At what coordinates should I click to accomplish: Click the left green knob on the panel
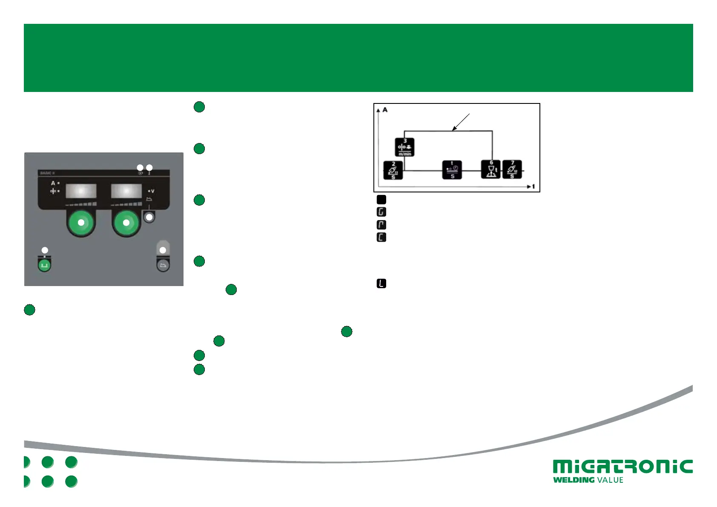(81, 222)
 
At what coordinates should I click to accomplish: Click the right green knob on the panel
(126, 222)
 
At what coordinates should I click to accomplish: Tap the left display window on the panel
(81, 191)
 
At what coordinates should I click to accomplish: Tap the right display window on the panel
(126, 191)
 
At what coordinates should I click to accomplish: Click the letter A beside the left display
(53, 183)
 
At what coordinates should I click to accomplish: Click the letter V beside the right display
(152, 191)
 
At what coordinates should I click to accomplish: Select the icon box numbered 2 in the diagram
(393, 170)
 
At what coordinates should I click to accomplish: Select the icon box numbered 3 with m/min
(404, 147)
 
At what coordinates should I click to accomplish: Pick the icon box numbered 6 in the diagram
(491, 169)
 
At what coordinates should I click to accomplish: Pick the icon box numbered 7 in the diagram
(512, 169)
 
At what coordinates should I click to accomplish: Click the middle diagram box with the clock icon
(452, 170)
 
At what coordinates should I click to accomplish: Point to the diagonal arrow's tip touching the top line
(453, 130)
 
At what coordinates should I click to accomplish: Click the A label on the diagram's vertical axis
(385, 110)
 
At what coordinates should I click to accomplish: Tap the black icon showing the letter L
(381, 284)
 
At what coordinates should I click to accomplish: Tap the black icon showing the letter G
(381, 212)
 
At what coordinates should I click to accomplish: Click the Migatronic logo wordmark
(622, 467)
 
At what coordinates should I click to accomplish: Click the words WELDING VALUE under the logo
(588, 480)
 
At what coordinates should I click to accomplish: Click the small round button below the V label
(149, 217)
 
